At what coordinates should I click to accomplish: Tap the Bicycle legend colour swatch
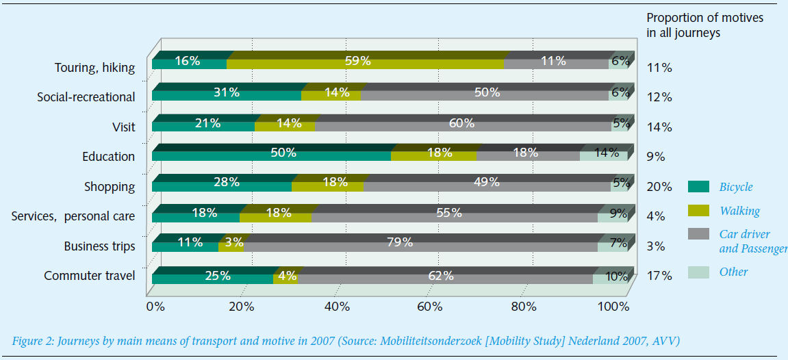coord(698,187)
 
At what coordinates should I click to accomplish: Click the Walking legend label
coord(739,211)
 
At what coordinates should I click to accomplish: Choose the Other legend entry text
coord(733,272)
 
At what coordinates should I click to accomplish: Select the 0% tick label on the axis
coord(155,306)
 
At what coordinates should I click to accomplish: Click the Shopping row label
coord(110,186)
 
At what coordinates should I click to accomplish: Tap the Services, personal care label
coord(73,216)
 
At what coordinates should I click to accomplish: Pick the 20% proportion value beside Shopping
coord(659,187)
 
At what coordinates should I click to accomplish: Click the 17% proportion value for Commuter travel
coord(659,277)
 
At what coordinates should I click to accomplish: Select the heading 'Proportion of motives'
coord(704,18)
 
